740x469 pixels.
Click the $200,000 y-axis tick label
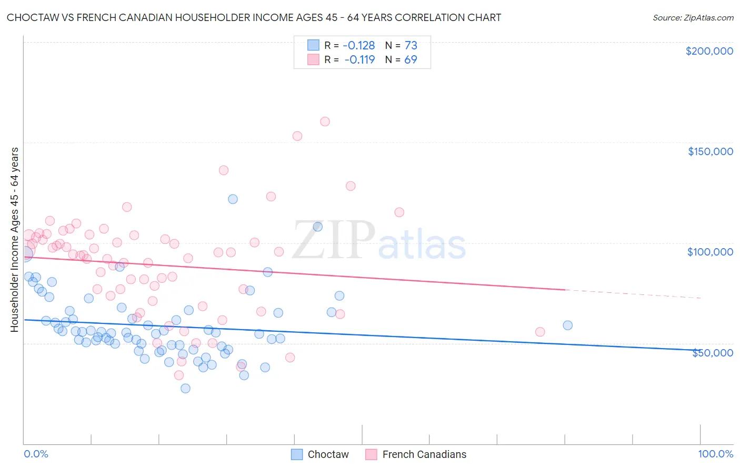[709, 51]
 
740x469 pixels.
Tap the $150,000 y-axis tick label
[710, 151]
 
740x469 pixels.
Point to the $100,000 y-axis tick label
[710, 252]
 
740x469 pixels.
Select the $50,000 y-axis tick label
[712, 352]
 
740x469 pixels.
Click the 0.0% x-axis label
[36, 454]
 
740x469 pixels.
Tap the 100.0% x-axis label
[715, 454]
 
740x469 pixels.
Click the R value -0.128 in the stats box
[358, 45]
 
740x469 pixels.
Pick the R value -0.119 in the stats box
[359, 59]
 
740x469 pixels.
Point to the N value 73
[411, 45]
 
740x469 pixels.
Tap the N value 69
[411, 59]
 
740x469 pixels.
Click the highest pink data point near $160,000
[325, 121]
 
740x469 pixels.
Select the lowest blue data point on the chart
[185, 388]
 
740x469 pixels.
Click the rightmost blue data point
[567, 325]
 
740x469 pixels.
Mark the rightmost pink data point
[539, 332]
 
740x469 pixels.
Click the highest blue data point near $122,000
[233, 199]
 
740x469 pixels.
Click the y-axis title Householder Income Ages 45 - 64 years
[15, 240]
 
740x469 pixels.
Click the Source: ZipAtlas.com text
[693, 17]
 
